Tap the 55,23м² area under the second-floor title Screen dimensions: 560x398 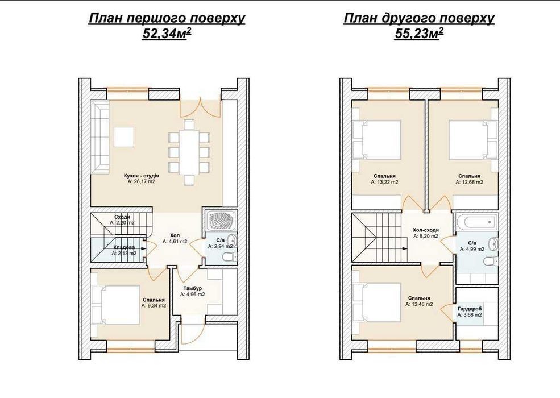(x=419, y=34)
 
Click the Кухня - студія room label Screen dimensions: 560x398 (x=142, y=176)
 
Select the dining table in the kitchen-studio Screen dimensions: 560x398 (x=189, y=151)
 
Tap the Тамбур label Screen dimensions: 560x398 (x=193, y=288)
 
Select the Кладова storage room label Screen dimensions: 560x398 (x=125, y=247)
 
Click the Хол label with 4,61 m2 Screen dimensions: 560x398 (x=175, y=235)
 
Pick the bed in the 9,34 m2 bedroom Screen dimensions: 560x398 (x=116, y=305)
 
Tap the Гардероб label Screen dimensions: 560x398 (x=470, y=309)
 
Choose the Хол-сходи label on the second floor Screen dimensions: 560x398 (x=426, y=230)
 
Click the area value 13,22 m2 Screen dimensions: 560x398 (x=384, y=182)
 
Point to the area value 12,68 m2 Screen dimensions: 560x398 (x=469, y=182)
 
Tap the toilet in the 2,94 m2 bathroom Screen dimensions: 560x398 (x=229, y=257)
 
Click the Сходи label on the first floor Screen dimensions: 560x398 (x=122, y=217)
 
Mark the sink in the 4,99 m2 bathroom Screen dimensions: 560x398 (x=494, y=244)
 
